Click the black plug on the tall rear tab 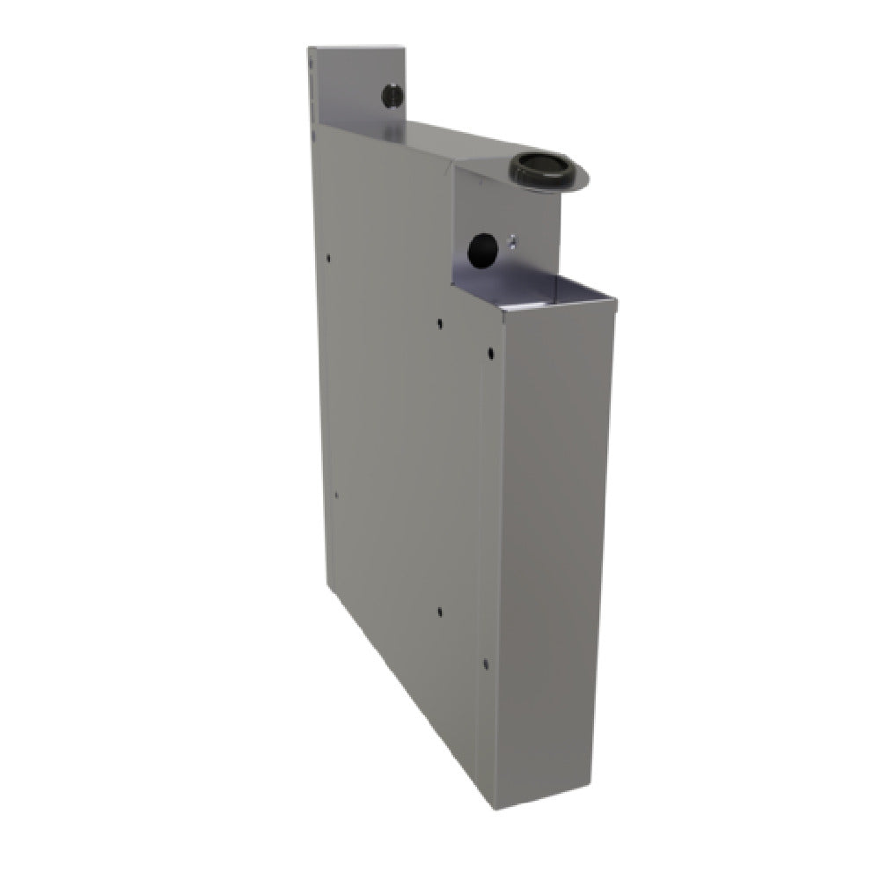[x=392, y=95]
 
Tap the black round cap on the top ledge [x=539, y=166]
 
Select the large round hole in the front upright [x=481, y=250]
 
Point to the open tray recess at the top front [x=537, y=288]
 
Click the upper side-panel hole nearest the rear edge [x=328, y=259]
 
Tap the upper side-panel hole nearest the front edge [x=490, y=354]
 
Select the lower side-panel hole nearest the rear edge [x=335, y=495]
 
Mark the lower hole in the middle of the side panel [x=439, y=611]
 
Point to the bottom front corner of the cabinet [x=495, y=807]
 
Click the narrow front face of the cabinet [x=550, y=546]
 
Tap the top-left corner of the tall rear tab [x=309, y=48]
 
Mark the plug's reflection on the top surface [x=391, y=132]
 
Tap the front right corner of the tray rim [x=614, y=304]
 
